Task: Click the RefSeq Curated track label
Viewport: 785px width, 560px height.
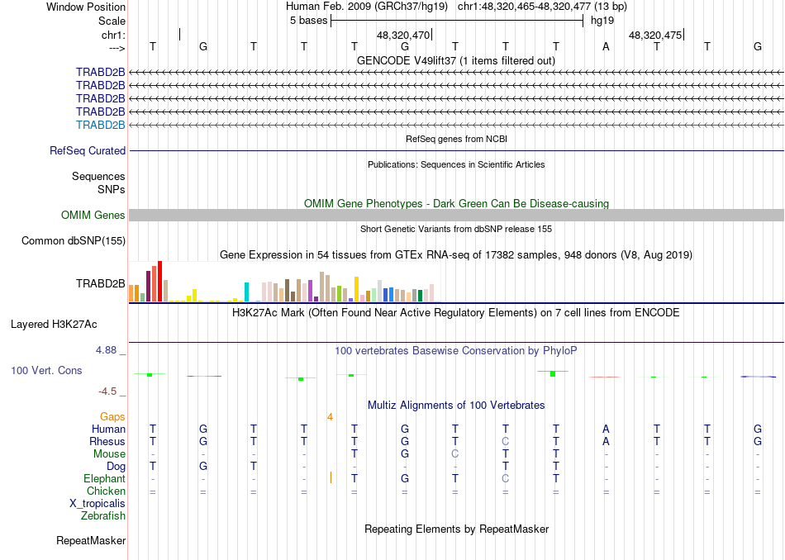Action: point(88,150)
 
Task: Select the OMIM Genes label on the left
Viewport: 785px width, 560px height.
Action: point(93,215)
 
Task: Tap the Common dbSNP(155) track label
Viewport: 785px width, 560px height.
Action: point(74,240)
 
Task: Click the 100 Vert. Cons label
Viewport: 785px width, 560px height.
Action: point(46,370)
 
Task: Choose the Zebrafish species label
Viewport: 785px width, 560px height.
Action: point(103,516)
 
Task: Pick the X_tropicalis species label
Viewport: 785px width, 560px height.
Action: point(98,504)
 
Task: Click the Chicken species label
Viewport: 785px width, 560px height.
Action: point(106,491)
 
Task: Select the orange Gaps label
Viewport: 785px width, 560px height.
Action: point(113,416)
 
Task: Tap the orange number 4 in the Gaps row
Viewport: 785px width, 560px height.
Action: point(330,416)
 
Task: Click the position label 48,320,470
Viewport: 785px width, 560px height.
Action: point(403,36)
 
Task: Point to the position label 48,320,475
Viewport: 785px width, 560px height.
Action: point(655,36)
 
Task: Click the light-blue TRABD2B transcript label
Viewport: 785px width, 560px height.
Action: point(100,125)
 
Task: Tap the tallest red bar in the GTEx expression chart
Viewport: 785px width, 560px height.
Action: point(159,282)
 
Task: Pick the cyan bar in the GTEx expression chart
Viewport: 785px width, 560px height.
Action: point(247,292)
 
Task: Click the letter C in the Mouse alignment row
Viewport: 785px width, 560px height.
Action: point(454,453)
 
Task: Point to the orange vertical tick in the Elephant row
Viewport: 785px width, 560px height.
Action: point(331,477)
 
